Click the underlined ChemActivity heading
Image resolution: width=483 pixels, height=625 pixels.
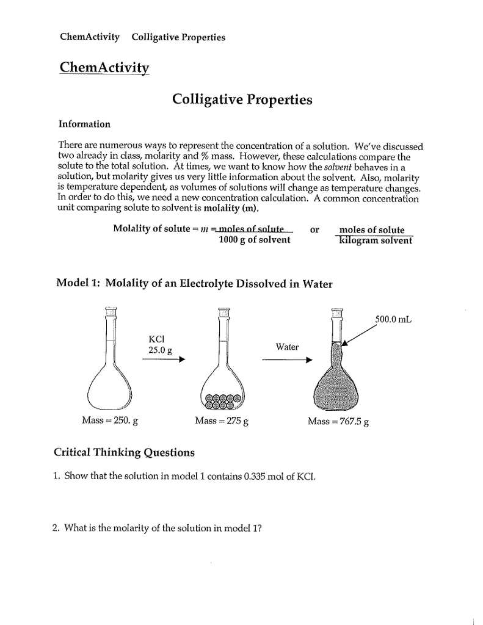104,67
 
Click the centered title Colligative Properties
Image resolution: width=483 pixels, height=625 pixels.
242,99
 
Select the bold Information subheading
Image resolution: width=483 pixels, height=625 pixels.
84,125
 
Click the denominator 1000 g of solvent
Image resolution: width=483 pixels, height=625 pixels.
254,240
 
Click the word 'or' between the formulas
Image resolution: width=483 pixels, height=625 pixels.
314,230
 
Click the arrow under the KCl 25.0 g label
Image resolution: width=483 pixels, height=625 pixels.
162,359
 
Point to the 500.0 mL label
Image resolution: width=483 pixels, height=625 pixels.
393,319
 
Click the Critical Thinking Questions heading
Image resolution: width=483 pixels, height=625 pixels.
125,452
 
